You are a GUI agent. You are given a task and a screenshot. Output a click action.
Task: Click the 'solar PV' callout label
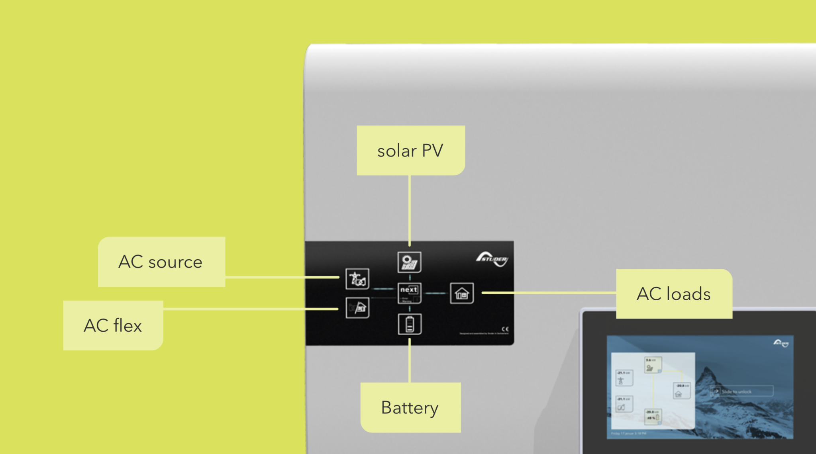(410, 151)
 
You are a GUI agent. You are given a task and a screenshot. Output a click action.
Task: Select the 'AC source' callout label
(161, 262)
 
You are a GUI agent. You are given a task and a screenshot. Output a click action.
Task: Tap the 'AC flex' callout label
(113, 325)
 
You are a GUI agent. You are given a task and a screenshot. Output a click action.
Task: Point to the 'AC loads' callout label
(674, 294)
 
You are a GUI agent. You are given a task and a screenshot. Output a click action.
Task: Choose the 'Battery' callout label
(410, 407)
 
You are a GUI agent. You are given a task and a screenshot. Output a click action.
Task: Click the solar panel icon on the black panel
(409, 262)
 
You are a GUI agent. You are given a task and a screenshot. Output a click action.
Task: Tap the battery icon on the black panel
(410, 324)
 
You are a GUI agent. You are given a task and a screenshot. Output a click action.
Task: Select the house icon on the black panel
(462, 294)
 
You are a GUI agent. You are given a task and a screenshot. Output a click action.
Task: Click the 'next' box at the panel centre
(409, 293)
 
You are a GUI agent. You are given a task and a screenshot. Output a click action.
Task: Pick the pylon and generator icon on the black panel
(357, 279)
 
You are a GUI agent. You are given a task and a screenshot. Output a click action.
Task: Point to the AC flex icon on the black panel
(357, 308)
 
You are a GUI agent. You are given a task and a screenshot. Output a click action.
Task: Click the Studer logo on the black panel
(492, 259)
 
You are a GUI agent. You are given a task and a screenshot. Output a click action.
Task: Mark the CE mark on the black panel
(505, 329)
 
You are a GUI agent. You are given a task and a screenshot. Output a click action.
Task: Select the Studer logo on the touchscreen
(781, 343)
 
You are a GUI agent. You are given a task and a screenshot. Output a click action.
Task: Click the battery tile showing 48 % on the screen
(653, 416)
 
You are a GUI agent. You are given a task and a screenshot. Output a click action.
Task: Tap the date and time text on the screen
(629, 433)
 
